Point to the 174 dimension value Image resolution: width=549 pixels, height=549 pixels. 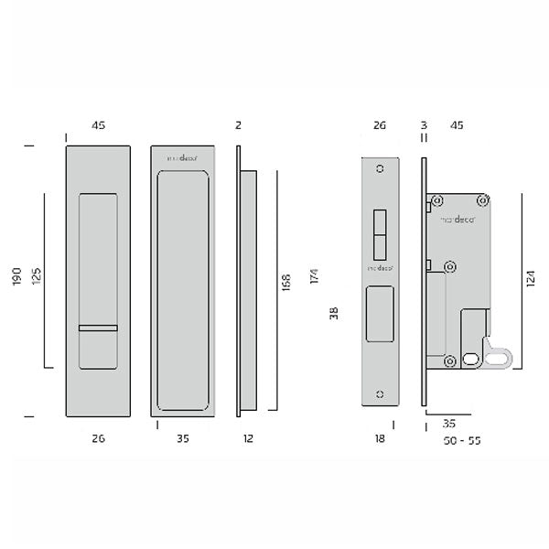[314, 277]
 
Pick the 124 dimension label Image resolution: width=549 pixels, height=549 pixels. [533, 279]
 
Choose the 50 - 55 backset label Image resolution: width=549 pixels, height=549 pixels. [460, 440]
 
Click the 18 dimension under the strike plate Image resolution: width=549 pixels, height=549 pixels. [381, 439]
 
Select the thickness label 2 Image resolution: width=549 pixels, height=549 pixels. [237, 125]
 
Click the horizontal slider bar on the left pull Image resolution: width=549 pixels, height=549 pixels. [98, 327]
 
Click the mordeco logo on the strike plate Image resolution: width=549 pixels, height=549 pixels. [380, 268]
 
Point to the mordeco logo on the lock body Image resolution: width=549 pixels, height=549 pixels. [458, 220]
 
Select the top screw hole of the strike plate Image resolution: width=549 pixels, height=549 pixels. [381, 169]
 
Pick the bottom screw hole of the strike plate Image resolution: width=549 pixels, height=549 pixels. [381, 393]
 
